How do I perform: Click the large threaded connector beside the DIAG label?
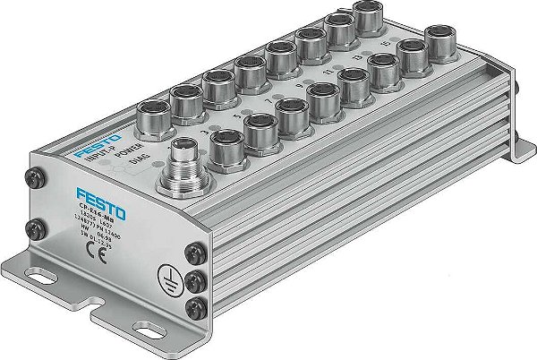pyautogui.click(x=181, y=171)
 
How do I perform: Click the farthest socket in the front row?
pyautogui.click(x=439, y=41)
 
